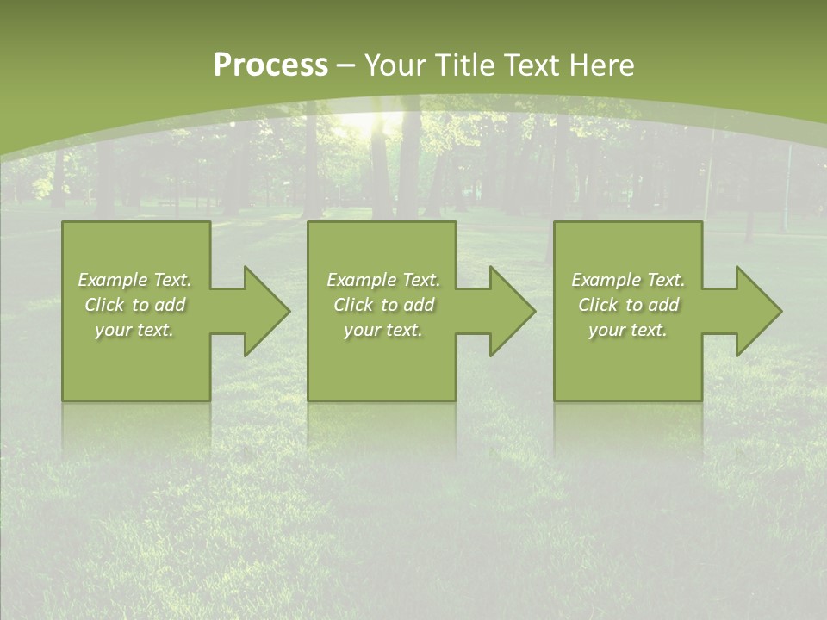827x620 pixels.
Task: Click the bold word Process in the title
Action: point(270,65)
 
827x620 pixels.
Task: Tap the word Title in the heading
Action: point(464,65)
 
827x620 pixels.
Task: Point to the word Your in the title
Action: point(396,65)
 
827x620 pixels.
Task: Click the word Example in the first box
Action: point(113,280)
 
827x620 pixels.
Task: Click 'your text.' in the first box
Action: point(134,330)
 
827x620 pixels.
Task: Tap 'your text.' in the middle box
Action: point(383,330)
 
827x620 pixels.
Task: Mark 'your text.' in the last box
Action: point(628,330)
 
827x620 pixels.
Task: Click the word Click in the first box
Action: point(104,305)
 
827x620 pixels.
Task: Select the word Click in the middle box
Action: point(353,305)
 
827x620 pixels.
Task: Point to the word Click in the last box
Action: point(598,305)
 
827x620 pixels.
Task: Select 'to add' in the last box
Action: point(652,305)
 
